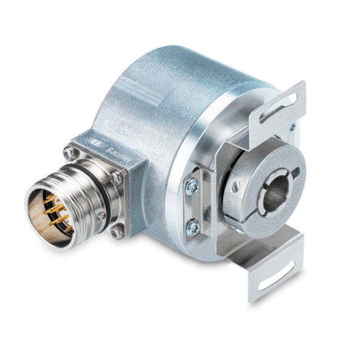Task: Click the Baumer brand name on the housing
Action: [x=117, y=155]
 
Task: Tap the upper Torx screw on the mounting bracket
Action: [x=192, y=187]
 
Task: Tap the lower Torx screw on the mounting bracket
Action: [x=193, y=226]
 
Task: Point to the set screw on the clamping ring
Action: [x=236, y=186]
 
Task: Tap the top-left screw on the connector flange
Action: [x=70, y=153]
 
